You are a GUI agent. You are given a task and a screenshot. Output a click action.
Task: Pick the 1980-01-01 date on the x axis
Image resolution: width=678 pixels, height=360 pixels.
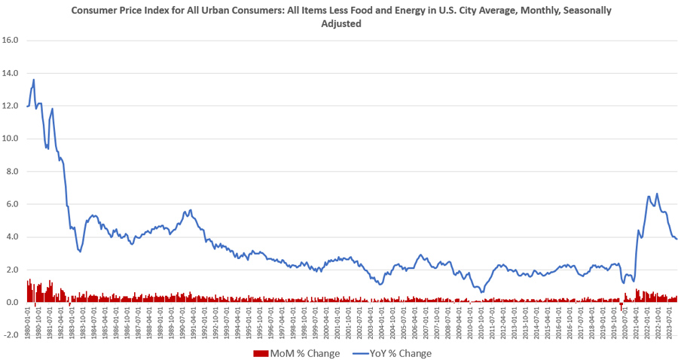click(x=28, y=322)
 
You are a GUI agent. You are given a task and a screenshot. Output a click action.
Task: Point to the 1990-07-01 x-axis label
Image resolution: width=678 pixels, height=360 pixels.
click(x=183, y=322)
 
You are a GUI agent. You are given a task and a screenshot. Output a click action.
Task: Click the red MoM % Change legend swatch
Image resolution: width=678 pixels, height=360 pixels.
click(x=261, y=353)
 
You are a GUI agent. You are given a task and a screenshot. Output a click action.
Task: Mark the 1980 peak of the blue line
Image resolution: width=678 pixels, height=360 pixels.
click(x=34, y=79)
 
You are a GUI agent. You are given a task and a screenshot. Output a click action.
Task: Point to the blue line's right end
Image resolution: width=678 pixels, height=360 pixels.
click(x=676, y=239)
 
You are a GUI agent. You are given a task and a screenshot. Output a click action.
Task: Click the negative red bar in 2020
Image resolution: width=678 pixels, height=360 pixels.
click(x=621, y=306)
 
